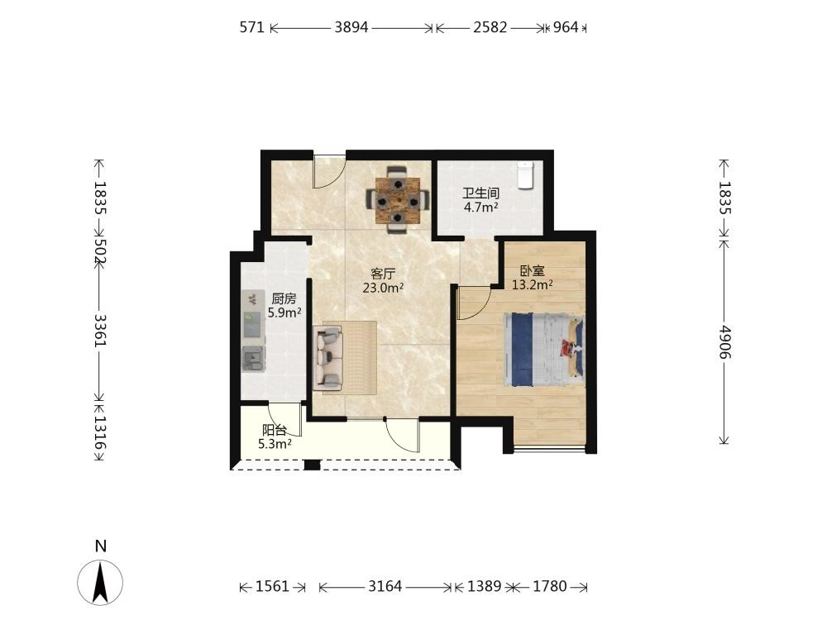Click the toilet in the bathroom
(x=526, y=175)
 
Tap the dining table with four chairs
(x=398, y=200)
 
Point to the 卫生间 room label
(x=481, y=193)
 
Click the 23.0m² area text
(x=384, y=288)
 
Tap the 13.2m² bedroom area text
(x=532, y=284)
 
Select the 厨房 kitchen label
(x=284, y=299)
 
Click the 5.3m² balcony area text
(x=275, y=445)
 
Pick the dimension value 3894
(x=351, y=27)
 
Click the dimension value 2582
(x=490, y=27)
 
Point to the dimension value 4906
(x=724, y=341)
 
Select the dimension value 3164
(x=385, y=586)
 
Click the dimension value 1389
(x=484, y=586)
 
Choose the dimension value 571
(x=252, y=27)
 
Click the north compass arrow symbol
(x=100, y=583)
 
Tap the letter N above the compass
(x=100, y=546)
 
